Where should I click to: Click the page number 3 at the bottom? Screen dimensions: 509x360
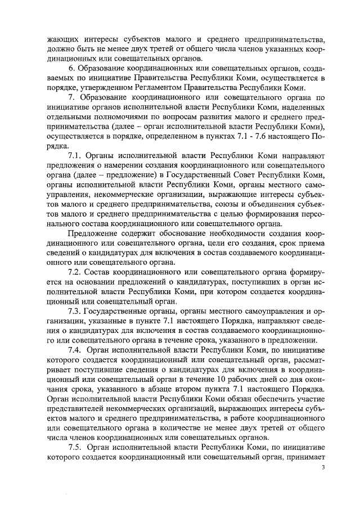click(323, 467)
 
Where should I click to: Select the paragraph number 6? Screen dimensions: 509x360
click(70, 68)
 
